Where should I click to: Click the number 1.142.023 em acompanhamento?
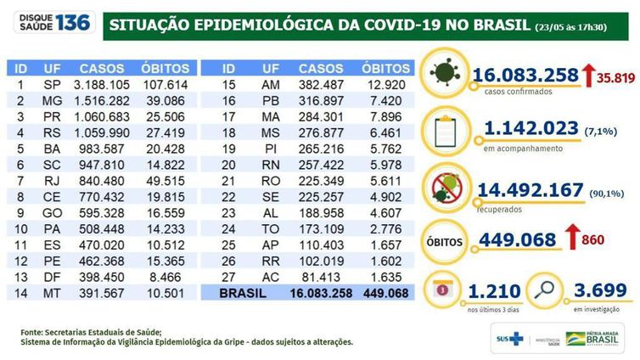click(x=530, y=130)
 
